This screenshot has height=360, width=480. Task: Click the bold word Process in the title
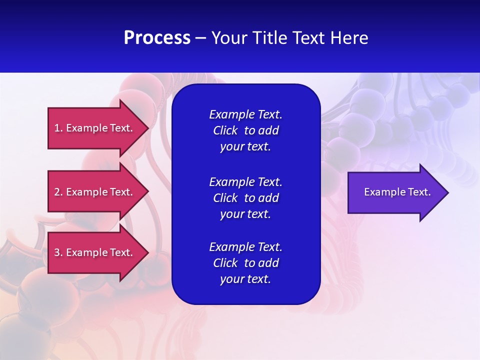pyautogui.click(x=157, y=38)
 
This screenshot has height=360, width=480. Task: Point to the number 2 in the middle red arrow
pyautogui.click(x=57, y=192)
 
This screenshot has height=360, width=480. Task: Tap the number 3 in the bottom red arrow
pyautogui.click(x=57, y=252)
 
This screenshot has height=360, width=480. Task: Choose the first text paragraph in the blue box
pyautogui.click(x=245, y=130)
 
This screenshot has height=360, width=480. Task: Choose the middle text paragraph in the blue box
pyautogui.click(x=245, y=197)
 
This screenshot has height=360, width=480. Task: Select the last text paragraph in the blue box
pyautogui.click(x=245, y=263)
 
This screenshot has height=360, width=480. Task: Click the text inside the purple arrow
pyautogui.click(x=397, y=192)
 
